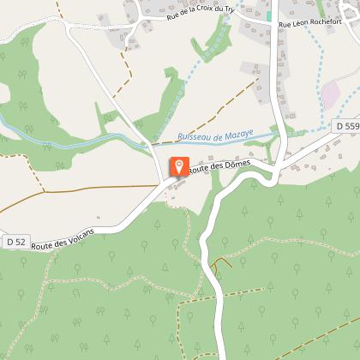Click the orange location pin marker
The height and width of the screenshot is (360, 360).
click(178, 166)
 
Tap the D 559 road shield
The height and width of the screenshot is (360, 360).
click(345, 126)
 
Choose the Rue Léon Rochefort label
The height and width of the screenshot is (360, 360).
click(310, 25)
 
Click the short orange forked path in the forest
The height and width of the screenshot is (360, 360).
click(220, 263)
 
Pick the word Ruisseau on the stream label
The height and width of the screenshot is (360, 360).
click(193, 136)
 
